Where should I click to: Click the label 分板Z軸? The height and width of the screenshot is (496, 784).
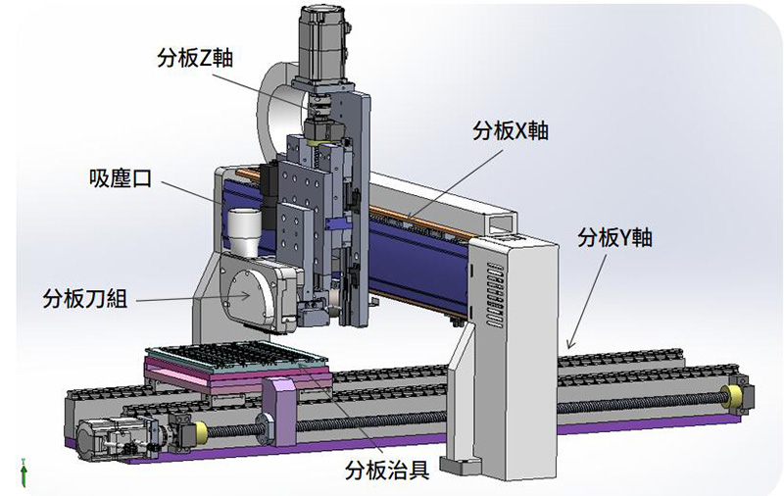(195, 58)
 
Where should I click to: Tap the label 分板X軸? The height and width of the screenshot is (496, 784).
(511, 131)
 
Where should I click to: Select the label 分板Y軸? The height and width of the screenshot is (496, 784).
(615, 237)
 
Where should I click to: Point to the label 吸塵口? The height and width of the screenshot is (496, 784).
(121, 178)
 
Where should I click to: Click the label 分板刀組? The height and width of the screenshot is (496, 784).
(85, 299)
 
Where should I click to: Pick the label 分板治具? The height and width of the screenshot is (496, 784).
(387, 470)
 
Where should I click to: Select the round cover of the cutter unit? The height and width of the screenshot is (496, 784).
(245, 295)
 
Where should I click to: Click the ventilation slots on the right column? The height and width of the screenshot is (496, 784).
(495, 295)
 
